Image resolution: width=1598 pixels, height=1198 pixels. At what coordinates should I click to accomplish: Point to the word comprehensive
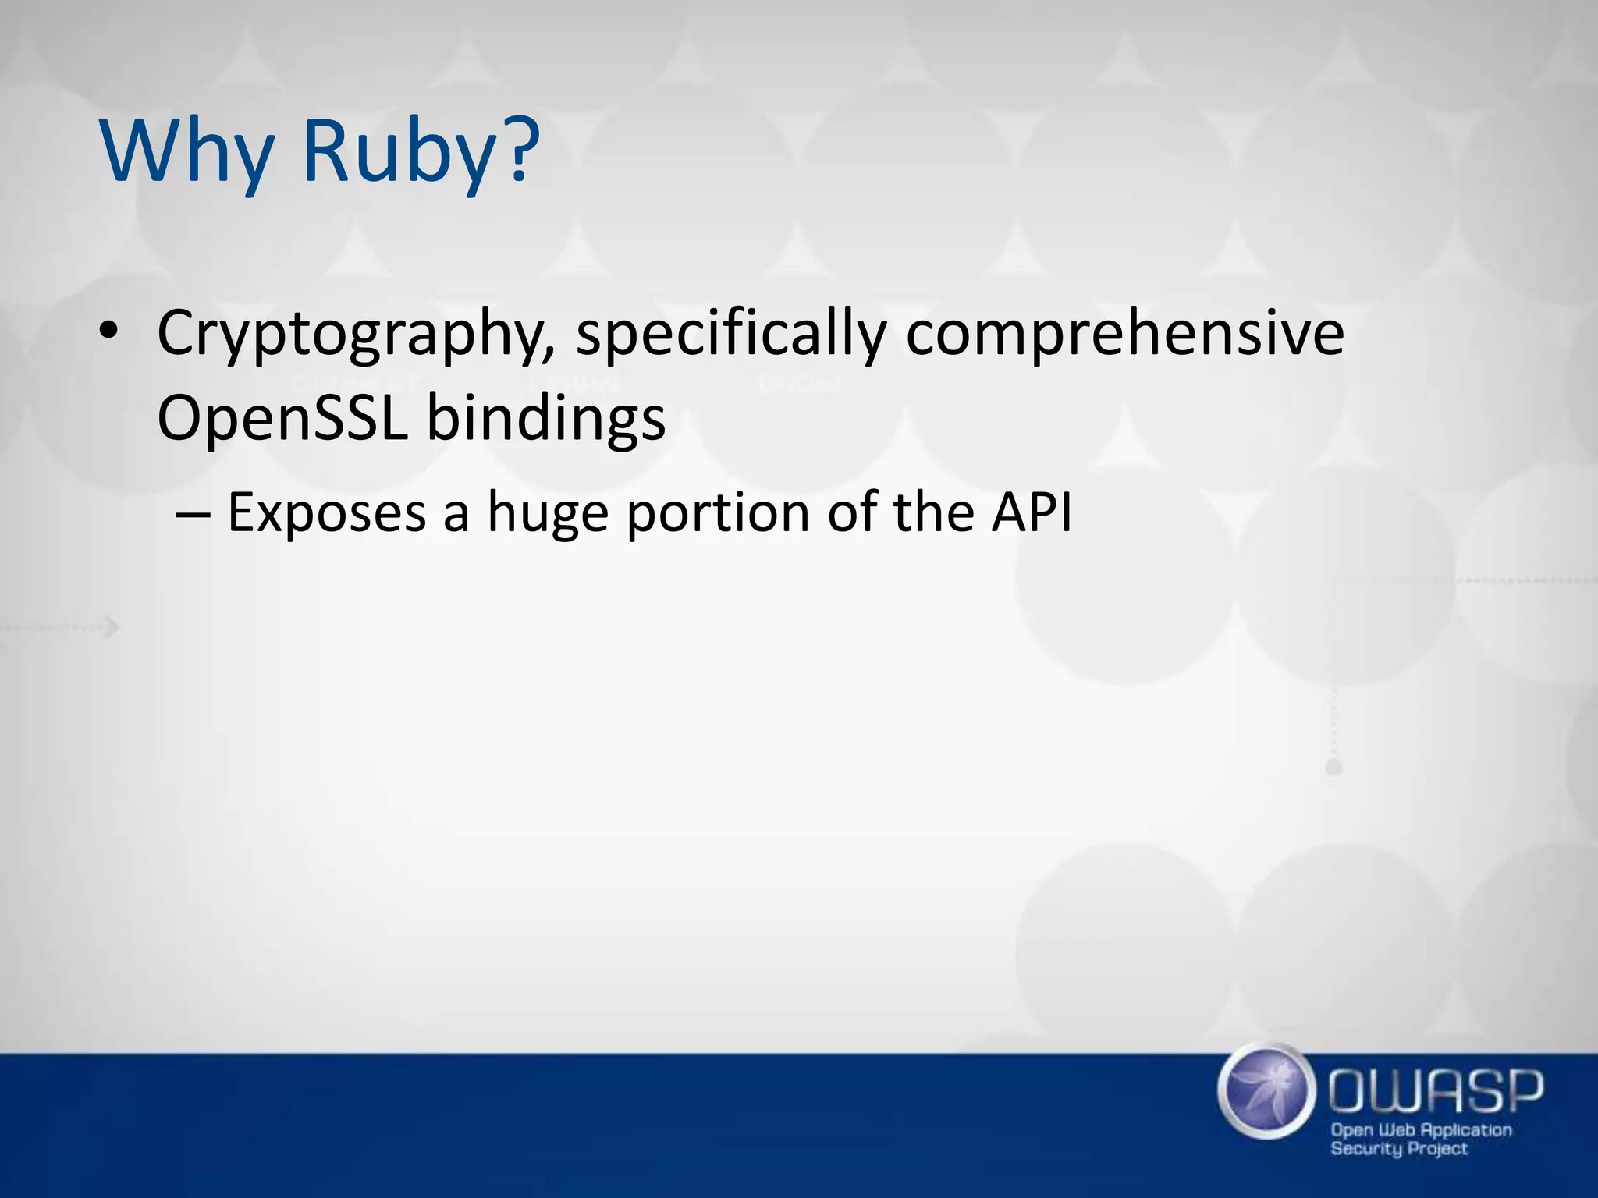(x=1124, y=334)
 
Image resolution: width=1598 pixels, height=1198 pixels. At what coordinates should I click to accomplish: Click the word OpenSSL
(x=282, y=417)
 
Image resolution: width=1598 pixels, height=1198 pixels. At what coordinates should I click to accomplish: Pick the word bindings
(x=545, y=417)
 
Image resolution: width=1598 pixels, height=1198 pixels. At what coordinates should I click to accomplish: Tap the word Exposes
(x=326, y=513)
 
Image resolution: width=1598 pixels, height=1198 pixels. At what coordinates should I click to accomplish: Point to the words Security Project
(x=1399, y=1149)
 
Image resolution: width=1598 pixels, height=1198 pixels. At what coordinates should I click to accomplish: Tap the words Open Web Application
(x=1421, y=1130)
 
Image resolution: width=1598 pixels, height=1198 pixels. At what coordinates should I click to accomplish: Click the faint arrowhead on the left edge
(x=113, y=627)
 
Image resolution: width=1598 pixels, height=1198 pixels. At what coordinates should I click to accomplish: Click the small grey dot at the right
(x=1333, y=768)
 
